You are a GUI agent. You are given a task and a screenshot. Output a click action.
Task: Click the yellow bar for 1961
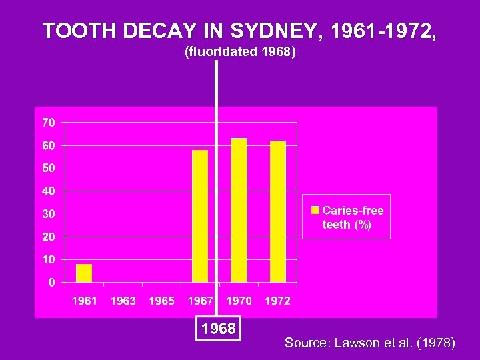[84, 273]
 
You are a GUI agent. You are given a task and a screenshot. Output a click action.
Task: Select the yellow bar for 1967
[200, 216]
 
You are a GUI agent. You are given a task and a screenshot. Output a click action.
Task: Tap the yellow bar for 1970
[239, 210]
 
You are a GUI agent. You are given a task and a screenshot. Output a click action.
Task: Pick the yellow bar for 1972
[278, 211]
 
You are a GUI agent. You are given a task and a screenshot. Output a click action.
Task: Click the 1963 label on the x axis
[123, 301]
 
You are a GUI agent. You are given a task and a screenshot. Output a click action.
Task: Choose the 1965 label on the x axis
[161, 301]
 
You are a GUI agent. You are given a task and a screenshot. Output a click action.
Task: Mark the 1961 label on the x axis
[85, 301]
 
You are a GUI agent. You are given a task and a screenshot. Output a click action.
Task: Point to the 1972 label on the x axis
[277, 301]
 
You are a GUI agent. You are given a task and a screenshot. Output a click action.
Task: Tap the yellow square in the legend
[315, 211]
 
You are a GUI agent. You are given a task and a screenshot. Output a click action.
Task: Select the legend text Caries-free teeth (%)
[353, 217]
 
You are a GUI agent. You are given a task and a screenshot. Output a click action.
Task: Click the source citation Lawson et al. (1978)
[370, 343]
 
